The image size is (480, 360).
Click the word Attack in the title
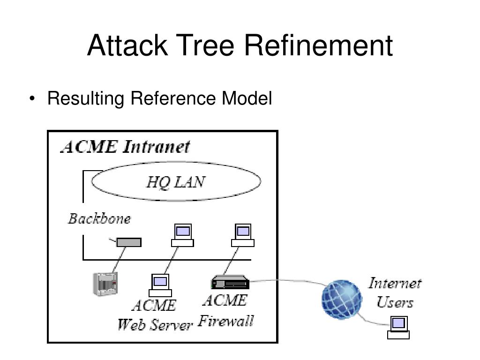[x=127, y=45]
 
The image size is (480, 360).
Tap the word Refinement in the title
[x=318, y=45]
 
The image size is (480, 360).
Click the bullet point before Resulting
[x=32, y=98]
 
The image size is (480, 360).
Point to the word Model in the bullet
[x=247, y=98]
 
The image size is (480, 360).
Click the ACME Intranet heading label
[x=125, y=147]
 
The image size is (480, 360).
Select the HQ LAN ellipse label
[x=176, y=182]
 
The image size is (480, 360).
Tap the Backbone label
[x=99, y=218]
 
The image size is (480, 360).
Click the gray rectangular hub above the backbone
[x=129, y=242]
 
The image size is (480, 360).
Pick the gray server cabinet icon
[x=105, y=284]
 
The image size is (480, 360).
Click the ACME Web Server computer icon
[x=160, y=285]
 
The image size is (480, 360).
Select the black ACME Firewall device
[x=230, y=282]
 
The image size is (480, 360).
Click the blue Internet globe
[x=342, y=300]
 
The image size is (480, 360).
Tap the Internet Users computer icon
[x=398, y=328]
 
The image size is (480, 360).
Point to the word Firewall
[x=226, y=321]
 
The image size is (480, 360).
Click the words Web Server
[x=155, y=325]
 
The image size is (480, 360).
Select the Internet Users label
[x=395, y=292]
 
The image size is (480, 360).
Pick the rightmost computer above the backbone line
[x=243, y=235]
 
